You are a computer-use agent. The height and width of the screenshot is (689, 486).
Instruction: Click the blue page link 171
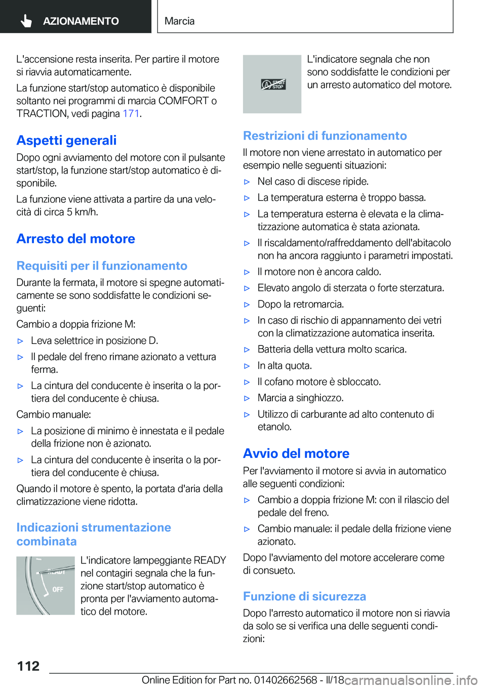pyautogui.click(x=131, y=113)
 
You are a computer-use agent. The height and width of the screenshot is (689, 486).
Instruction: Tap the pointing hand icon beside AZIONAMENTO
pyautogui.click(x=26, y=21)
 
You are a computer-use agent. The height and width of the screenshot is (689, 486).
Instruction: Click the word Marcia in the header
pyautogui.click(x=179, y=21)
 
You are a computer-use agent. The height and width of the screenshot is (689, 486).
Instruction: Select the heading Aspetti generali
pyautogui.click(x=66, y=140)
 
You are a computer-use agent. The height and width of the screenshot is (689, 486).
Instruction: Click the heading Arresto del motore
pyautogui.click(x=75, y=239)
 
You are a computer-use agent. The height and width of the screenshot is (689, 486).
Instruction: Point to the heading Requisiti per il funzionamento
pyautogui.click(x=102, y=266)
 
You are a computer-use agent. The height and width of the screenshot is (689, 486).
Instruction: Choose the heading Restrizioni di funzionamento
pyautogui.click(x=325, y=136)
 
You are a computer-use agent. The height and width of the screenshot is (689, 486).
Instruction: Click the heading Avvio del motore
pyautogui.click(x=296, y=453)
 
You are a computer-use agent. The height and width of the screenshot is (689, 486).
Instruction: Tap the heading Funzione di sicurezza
pyautogui.click(x=304, y=596)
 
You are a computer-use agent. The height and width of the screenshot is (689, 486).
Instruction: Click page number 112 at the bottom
pyautogui.click(x=28, y=666)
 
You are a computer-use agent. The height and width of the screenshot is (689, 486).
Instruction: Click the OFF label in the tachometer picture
pyautogui.click(x=58, y=589)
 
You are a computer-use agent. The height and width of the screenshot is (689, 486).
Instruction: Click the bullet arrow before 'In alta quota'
pyautogui.click(x=247, y=366)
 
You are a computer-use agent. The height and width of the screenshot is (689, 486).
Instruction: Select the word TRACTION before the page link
pyautogui.click(x=42, y=113)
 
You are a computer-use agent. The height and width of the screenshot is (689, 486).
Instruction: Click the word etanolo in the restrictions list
pyautogui.click(x=274, y=426)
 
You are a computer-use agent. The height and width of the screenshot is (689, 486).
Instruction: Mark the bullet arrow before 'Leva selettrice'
pyautogui.click(x=21, y=341)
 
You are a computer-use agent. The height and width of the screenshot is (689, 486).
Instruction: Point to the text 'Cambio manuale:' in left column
pyautogui.click(x=54, y=414)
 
